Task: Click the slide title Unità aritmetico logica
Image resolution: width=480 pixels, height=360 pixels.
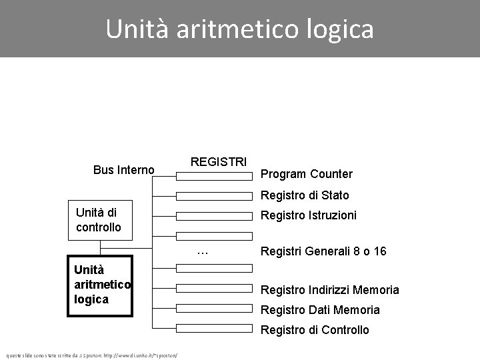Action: click(240, 29)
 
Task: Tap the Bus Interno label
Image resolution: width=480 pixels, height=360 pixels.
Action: click(124, 170)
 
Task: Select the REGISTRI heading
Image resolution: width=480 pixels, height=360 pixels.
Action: click(219, 162)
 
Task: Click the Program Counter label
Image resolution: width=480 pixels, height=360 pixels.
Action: click(306, 174)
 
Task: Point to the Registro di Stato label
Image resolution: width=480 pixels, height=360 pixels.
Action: click(304, 195)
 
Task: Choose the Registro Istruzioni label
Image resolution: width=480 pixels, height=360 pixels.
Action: click(308, 215)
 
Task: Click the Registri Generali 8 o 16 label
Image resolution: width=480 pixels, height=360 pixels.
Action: click(323, 251)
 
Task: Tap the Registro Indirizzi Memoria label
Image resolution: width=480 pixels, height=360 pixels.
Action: click(329, 289)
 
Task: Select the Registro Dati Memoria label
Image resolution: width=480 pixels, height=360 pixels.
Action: click(320, 309)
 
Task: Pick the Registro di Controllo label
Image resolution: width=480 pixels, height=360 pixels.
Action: click(314, 329)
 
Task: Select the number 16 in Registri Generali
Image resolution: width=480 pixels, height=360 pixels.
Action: click(380, 251)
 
